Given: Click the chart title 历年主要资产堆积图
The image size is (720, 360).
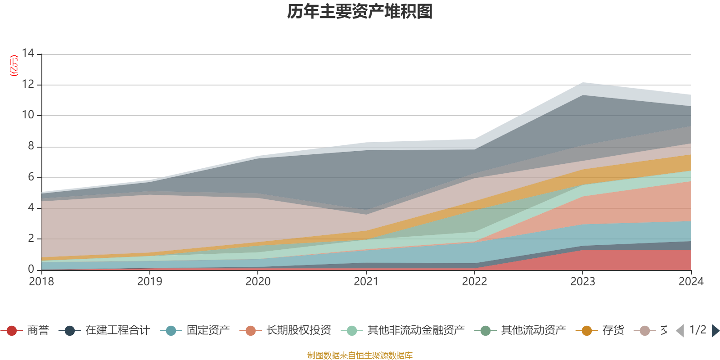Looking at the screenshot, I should (360, 12).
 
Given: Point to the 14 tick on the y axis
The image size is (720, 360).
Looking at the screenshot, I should (28, 54).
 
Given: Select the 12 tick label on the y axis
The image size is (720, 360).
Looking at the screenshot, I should (28, 84).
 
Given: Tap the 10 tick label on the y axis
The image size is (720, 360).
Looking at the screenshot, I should (28, 115).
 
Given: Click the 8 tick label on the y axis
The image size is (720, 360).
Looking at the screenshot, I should (31, 146).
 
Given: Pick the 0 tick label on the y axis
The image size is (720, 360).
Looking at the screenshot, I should (31, 269).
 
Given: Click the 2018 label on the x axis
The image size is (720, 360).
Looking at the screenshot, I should (41, 282).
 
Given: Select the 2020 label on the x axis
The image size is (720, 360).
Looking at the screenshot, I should (258, 282).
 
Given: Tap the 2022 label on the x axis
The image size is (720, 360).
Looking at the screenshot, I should (474, 282).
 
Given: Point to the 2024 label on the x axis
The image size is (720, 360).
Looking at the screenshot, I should (691, 282).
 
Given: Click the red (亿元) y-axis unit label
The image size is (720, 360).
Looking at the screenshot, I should (14, 66).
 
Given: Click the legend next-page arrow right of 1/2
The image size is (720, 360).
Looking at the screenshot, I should (715, 331).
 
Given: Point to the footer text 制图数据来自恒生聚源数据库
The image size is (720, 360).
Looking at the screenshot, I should (360, 355).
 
